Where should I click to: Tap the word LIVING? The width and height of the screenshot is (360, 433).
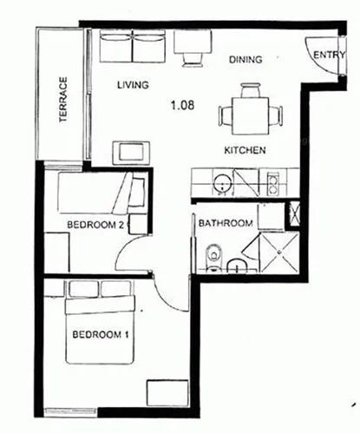[133, 85]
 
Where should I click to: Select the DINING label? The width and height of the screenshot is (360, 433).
[245, 60]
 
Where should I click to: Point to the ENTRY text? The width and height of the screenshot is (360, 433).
[329, 55]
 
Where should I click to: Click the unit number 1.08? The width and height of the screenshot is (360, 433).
[182, 106]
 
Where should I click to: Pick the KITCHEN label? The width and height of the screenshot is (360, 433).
[245, 150]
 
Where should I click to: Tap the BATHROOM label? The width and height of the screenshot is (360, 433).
[226, 224]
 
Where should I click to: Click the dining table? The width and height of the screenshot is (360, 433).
[252, 111]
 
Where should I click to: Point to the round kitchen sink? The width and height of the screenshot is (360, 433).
[223, 183]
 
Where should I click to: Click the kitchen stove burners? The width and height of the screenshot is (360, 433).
[272, 183]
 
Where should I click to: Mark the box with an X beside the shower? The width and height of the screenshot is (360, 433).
[293, 213]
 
